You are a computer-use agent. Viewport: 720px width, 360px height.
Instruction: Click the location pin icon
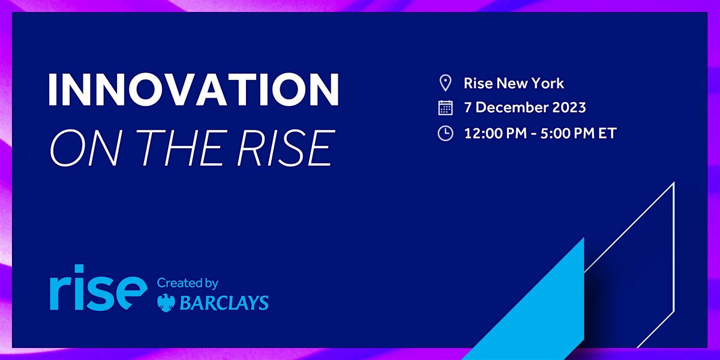point(445,83)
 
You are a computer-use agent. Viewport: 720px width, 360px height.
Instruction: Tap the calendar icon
point(445,108)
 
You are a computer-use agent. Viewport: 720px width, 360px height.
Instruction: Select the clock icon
point(445,133)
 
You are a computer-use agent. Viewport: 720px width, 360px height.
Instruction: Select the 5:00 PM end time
point(562,133)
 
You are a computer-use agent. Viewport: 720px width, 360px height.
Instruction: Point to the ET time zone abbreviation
point(607,133)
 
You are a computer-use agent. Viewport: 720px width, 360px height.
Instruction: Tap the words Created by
point(187,283)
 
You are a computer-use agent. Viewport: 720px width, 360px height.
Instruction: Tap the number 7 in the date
point(468,108)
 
